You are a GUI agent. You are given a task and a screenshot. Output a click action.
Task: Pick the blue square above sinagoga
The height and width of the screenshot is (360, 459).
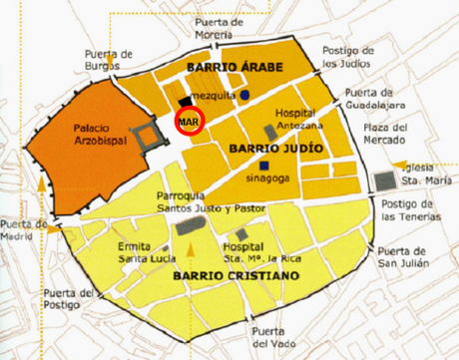pyautogui.click(x=263, y=165)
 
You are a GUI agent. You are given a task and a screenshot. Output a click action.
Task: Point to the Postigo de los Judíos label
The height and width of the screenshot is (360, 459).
pyautogui.click(x=348, y=60)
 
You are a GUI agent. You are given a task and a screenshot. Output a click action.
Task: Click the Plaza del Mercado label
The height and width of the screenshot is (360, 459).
pyautogui.click(x=385, y=133)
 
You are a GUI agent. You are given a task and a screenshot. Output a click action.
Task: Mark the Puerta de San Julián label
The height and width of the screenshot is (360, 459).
pyautogui.click(x=403, y=257)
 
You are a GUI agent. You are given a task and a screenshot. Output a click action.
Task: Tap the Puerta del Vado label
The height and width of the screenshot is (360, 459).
pyautogui.click(x=276, y=336)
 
